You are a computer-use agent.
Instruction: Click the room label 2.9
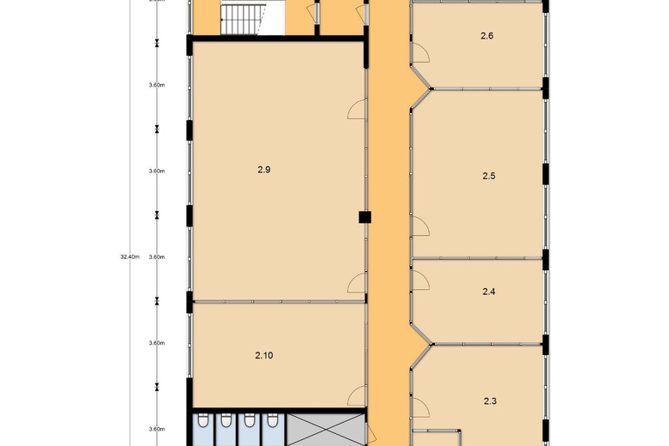tap(264, 170)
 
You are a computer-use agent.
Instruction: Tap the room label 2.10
tap(264, 355)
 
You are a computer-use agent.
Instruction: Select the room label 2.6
tap(487, 36)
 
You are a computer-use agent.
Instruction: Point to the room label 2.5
tap(489, 176)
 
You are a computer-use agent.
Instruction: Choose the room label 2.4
tap(489, 292)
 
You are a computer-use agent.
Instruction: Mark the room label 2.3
tap(491, 401)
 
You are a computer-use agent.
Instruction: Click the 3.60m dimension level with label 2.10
tap(156, 342)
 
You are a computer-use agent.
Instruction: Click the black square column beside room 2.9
tap(365, 218)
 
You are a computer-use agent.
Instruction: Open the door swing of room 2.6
tap(420, 55)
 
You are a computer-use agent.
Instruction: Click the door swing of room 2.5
tap(419, 226)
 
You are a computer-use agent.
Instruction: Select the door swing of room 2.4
tap(419, 279)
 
